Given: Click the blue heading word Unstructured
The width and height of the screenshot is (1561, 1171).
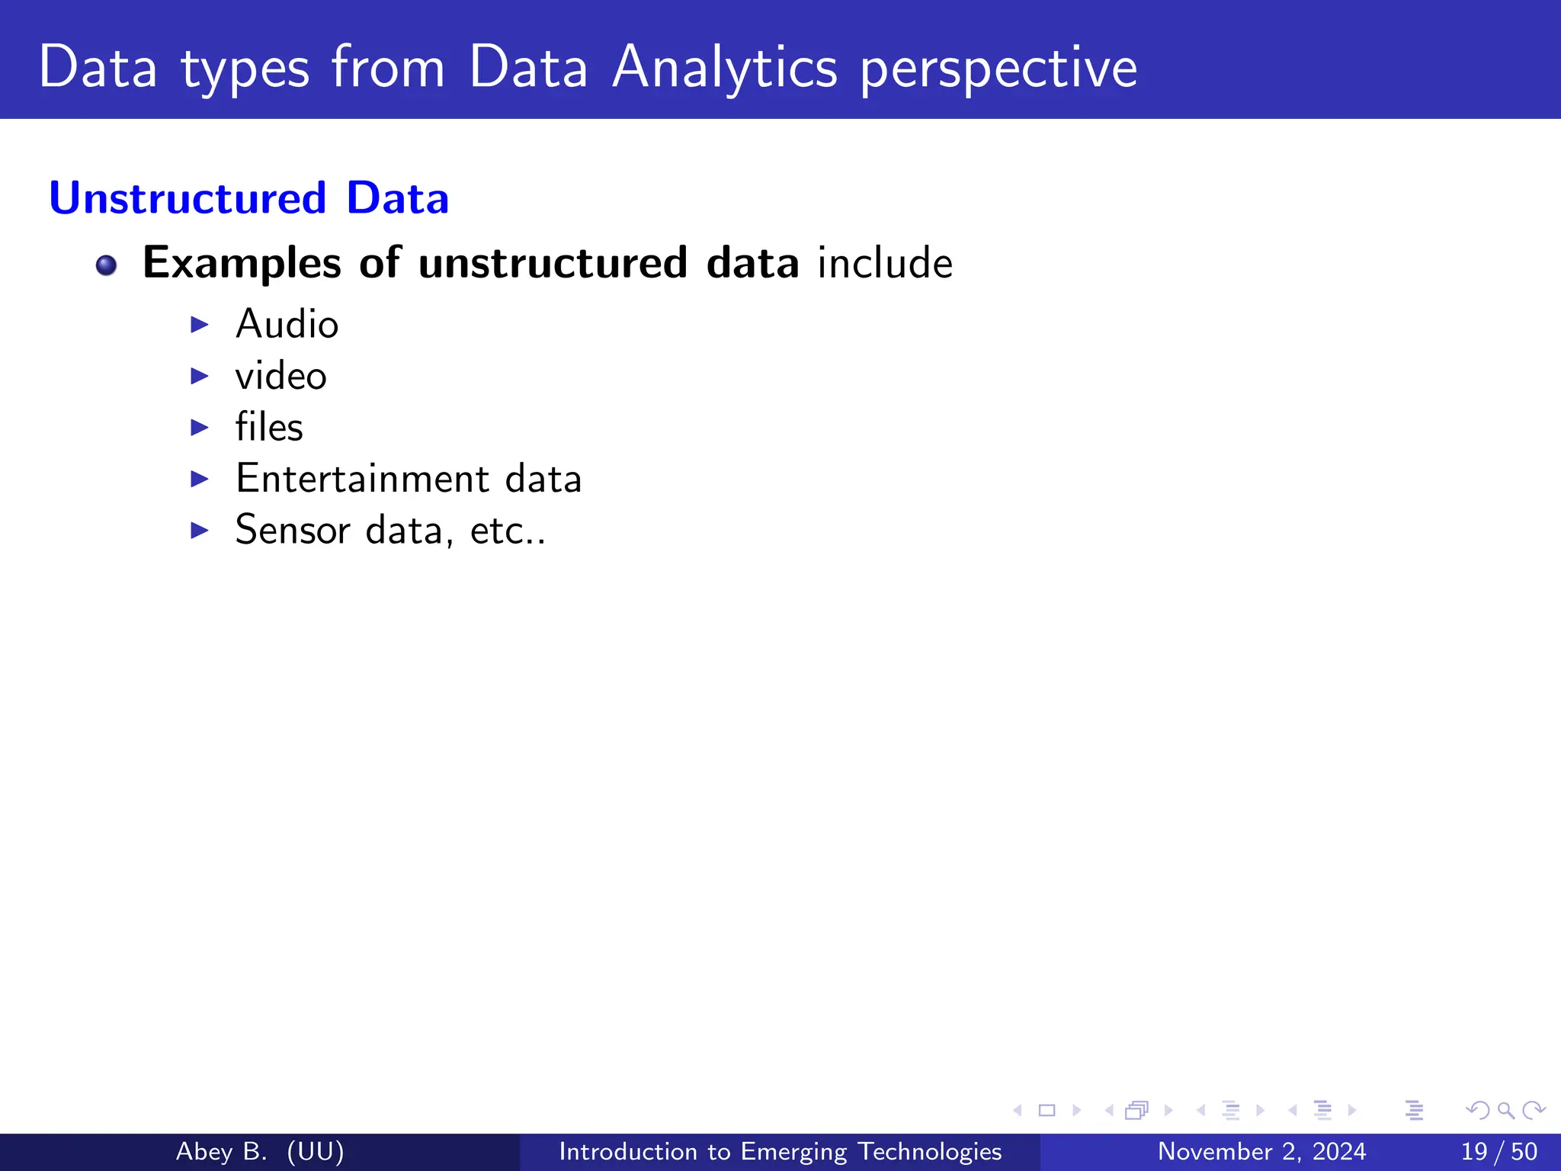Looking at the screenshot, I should pos(188,198).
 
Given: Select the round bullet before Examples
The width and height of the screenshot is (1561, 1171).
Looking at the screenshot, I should pos(107,265).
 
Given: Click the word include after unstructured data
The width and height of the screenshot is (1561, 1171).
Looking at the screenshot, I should pos(885,263).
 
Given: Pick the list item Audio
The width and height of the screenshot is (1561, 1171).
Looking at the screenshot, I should pos(287,324).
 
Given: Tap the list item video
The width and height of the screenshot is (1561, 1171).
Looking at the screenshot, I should pos(280,376).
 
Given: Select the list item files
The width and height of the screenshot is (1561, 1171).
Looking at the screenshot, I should pos(268,427).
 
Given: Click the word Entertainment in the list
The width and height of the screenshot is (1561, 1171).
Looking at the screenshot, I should pos(362,479).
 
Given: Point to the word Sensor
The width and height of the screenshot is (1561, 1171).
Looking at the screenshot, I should pos(292,530).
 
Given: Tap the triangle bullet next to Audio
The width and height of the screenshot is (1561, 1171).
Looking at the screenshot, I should pos(200,325).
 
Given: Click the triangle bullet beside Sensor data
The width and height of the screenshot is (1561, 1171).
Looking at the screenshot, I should pos(200,530).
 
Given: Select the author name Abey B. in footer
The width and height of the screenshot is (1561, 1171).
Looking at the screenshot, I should pos(221,1151).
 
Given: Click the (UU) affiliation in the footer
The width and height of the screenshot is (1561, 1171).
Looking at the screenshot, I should pos(316,1151).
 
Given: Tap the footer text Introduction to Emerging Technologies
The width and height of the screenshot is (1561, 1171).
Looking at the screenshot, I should pos(780,1151).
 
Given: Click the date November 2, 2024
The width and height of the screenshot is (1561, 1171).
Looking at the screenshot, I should pos(1261,1151).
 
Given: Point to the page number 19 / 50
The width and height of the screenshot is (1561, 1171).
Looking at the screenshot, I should pos(1498,1151).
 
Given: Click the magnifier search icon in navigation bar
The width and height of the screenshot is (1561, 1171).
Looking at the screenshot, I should pos(1505,1111).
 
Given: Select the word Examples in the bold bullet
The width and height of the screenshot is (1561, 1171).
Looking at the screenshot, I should pos(242,263).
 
